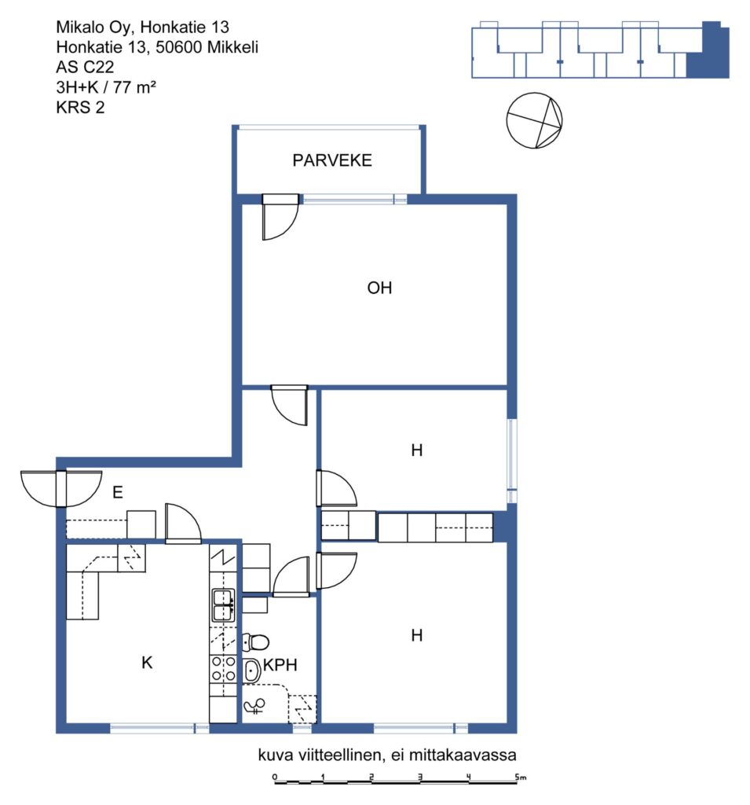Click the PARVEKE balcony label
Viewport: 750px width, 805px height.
point(332,160)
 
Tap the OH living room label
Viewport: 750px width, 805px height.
point(379,288)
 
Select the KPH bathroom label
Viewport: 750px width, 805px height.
point(280,665)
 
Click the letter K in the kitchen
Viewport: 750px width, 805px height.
point(147,662)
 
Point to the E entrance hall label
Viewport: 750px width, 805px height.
point(118,492)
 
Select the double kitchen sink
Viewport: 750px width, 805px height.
point(223,605)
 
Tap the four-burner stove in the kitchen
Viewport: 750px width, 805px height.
point(223,669)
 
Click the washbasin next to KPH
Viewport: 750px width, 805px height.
point(251,671)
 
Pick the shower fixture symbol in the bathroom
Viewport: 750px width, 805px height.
point(254,707)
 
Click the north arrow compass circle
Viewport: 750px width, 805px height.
point(534,120)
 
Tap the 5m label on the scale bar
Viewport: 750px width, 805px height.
point(521,777)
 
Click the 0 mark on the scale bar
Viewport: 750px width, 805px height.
point(275,776)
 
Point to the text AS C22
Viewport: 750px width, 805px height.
point(85,67)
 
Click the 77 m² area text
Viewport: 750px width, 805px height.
point(134,86)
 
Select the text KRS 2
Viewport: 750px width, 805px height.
point(80,107)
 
